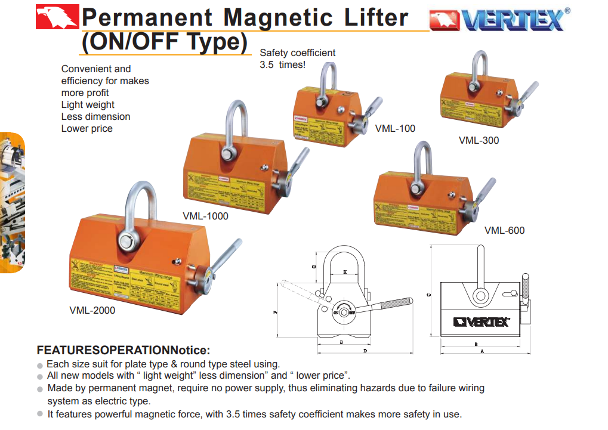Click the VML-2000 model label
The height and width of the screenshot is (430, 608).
[92, 310]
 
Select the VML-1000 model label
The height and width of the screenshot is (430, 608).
[205, 216]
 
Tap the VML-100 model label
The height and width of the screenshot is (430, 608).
[395, 128]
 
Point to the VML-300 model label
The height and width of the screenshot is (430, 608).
[479, 141]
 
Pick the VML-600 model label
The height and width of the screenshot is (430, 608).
[504, 230]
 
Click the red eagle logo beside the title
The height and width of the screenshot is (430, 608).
[57, 17]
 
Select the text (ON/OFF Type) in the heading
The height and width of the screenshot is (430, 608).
[164, 42]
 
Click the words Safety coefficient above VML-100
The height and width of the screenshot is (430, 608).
[297, 53]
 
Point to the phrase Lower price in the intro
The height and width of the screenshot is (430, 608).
[87, 128]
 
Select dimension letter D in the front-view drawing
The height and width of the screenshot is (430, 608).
[365, 351]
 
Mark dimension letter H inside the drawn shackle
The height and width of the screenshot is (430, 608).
[345, 273]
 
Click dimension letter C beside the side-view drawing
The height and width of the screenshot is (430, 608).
[429, 294]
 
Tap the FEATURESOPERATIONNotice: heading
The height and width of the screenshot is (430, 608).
[124, 349]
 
